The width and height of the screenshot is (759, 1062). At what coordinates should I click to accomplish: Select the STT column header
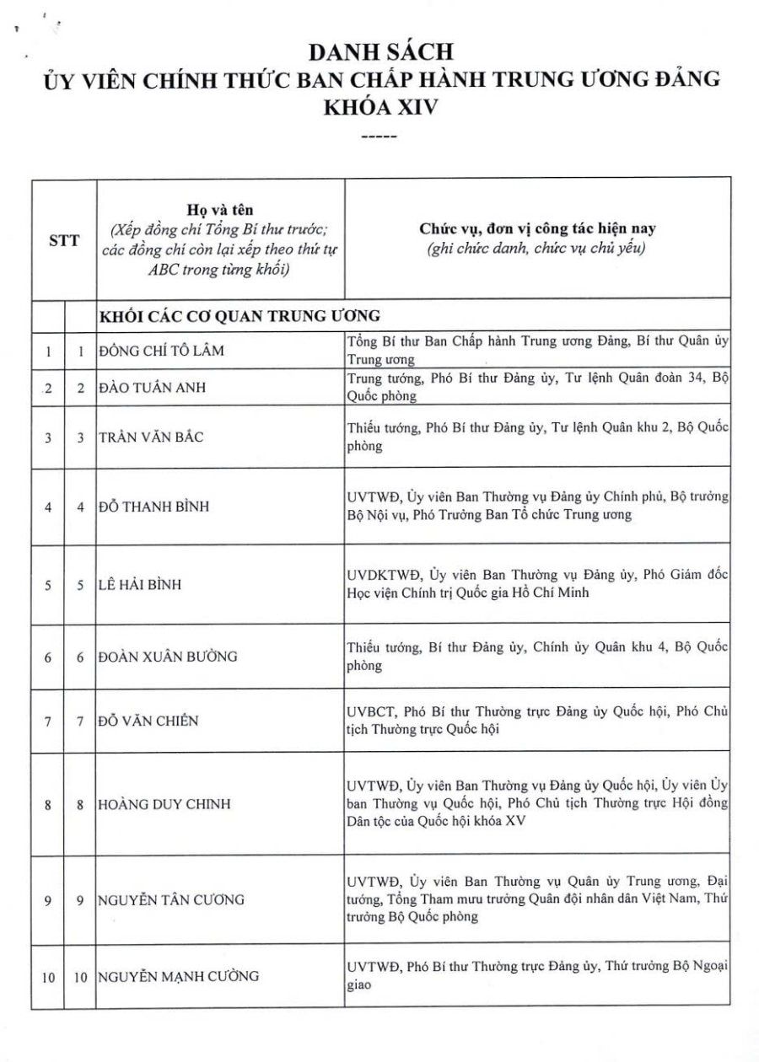click(x=63, y=239)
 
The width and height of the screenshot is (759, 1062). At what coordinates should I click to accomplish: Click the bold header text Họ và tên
click(x=219, y=208)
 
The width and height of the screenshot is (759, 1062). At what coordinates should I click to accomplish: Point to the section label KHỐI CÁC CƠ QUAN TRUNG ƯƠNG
click(x=240, y=316)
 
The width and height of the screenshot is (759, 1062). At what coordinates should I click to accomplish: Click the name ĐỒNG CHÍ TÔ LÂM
click(x=161, y=350)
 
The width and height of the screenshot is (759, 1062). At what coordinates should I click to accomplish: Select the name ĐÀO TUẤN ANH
click(x=153, y=388)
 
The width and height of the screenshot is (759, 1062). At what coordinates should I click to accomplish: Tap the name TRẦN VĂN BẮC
click(x=151, y=437)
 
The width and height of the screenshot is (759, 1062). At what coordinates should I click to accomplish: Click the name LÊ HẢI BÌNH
click(x=140, y=584)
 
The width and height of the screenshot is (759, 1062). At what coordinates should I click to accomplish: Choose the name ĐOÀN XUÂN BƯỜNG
click(x=168, y=657)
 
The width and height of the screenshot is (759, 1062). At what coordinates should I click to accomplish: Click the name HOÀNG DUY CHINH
click(x=164, y=804)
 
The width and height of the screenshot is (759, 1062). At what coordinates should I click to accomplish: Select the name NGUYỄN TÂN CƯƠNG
click(x=172, y=899)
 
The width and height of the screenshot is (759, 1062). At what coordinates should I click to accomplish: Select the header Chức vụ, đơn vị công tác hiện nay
click(x=537, y=228)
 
